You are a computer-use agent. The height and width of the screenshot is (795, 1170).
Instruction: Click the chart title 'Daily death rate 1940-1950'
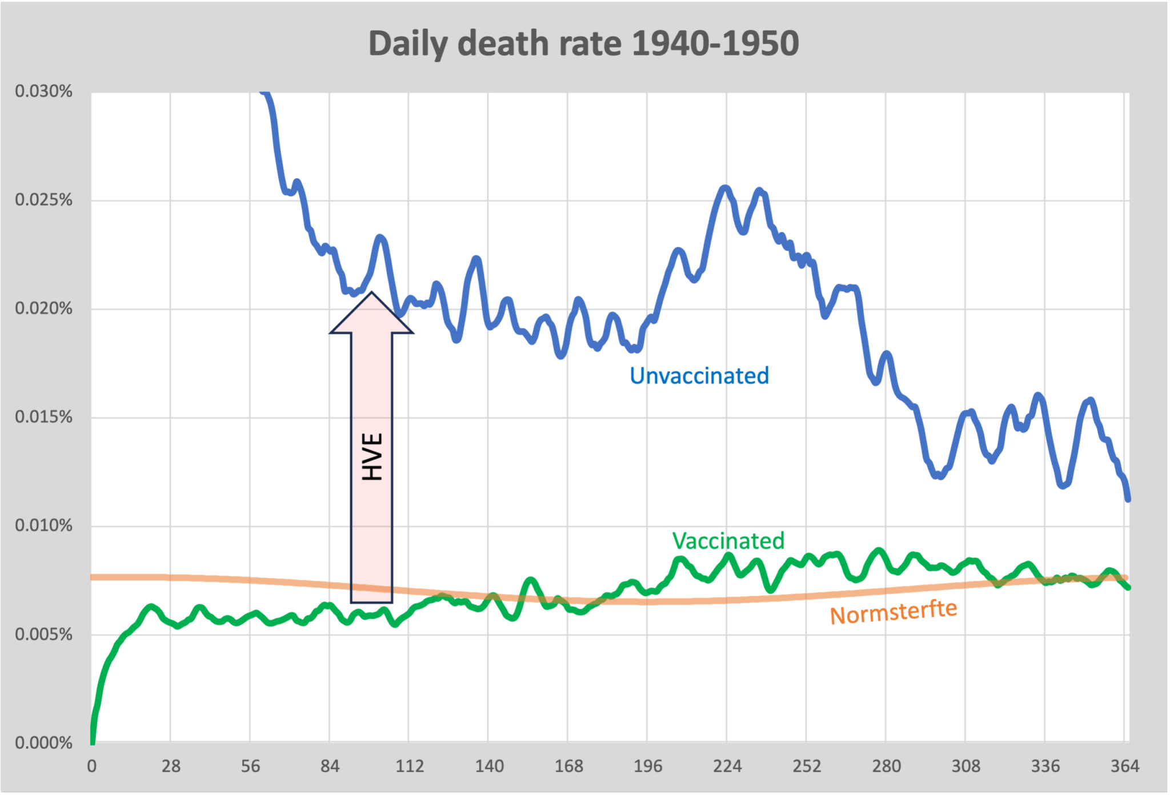583,44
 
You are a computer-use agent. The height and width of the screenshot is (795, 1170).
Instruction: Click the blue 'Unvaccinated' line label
699,376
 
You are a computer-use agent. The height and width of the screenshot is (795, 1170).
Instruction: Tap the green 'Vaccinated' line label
728,541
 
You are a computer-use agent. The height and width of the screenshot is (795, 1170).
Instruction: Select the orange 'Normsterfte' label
893,612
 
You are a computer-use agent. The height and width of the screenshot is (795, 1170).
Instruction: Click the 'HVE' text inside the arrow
372,456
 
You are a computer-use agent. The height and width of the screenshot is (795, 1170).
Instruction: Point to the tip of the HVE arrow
372,294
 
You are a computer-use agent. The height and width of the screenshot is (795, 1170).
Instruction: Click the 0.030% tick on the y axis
44,91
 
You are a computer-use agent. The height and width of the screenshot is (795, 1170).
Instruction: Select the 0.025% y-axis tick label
44,200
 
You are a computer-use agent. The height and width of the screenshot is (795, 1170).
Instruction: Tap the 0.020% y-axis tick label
44,308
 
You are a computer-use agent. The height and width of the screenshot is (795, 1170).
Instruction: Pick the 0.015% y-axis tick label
44,417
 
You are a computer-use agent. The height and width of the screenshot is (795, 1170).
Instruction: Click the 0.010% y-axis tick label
44,525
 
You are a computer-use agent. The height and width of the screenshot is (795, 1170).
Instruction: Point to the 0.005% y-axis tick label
44,635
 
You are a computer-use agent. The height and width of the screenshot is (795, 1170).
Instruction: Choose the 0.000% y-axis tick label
44,743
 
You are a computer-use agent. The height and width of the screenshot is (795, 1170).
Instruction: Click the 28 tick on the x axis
171,766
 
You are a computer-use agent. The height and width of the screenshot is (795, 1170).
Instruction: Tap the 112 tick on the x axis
410,766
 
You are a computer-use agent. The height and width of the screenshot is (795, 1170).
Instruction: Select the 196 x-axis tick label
648,766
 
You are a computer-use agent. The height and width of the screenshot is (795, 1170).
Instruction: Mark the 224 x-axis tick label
727,766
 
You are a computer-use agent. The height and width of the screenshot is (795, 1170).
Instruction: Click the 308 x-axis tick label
966,766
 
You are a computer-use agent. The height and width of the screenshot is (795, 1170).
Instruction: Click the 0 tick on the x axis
92,766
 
